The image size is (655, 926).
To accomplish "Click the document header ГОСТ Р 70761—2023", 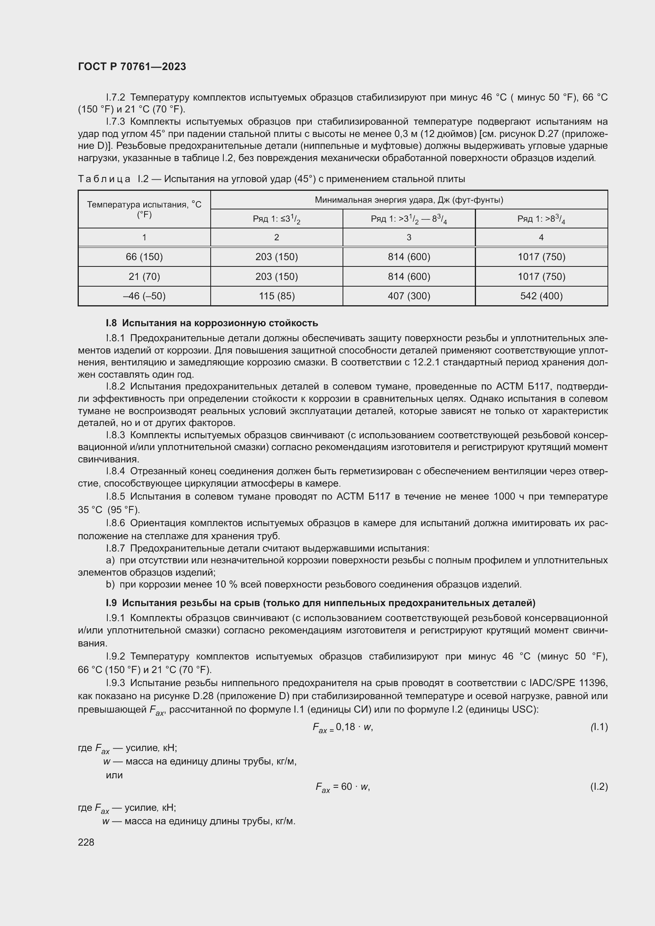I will pos(132,67).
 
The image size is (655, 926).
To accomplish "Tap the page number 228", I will pos(86,842).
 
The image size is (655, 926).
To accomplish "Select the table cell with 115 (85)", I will pos(277,296).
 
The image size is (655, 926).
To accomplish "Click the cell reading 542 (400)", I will pos(541,296).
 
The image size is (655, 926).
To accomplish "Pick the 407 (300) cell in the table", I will pos(409,296).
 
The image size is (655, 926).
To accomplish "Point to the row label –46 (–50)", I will pos(145,296).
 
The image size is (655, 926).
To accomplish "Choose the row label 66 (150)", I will pos(145,257).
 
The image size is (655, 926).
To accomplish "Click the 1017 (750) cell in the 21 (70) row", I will pos(541,277).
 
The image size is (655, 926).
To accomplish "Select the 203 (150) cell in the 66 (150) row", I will pos(277,257).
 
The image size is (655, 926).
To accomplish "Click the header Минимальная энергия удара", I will pos(409,200).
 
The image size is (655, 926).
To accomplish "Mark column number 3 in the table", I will pos(409,238).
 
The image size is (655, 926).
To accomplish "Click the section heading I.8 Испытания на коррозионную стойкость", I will pos(212,323).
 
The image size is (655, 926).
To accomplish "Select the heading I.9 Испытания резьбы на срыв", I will pos(320,603).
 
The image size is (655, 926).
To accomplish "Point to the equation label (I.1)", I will pos(598,727).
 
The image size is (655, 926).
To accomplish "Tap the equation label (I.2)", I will pos(598,787).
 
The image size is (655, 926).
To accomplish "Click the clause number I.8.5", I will pos(116,496).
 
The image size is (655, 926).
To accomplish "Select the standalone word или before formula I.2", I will pos(114,775).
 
